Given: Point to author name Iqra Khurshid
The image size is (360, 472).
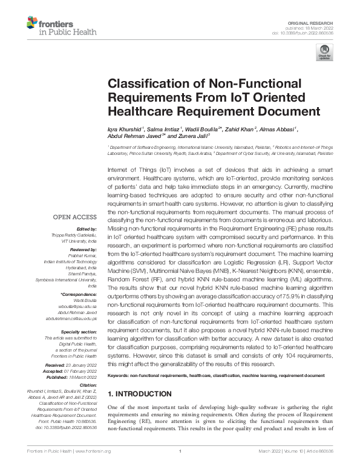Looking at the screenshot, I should pyautogui.click(x=124, y=129).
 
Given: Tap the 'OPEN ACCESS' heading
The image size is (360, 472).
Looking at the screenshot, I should pyautogui.click(x=75, y=217).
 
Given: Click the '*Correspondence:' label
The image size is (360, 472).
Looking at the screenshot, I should pyautogui.click(x=79, y=293).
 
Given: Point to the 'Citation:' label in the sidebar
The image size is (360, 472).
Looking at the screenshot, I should pyautogui.click(x=87, y=384).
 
